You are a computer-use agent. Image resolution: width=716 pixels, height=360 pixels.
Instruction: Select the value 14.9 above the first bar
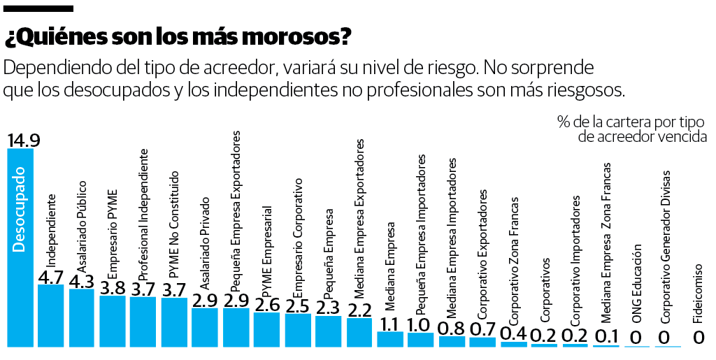23,140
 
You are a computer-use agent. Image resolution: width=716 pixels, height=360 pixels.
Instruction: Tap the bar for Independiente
51,315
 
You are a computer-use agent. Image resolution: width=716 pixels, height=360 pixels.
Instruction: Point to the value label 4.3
82,281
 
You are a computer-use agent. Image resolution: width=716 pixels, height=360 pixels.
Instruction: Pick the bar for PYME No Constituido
174,322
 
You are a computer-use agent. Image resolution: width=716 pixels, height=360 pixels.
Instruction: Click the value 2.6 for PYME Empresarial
267,305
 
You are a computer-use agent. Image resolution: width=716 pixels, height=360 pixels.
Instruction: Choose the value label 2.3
328,308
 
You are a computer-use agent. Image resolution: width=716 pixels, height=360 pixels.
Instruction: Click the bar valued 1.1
390,339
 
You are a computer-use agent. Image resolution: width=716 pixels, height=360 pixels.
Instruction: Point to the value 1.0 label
420,325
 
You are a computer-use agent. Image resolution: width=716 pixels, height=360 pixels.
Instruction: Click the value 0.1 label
606,337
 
